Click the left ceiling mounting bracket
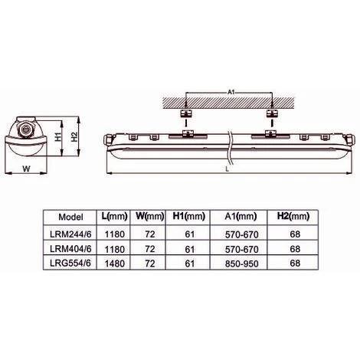coord(184,113)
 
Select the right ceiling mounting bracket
coord(270,113)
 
